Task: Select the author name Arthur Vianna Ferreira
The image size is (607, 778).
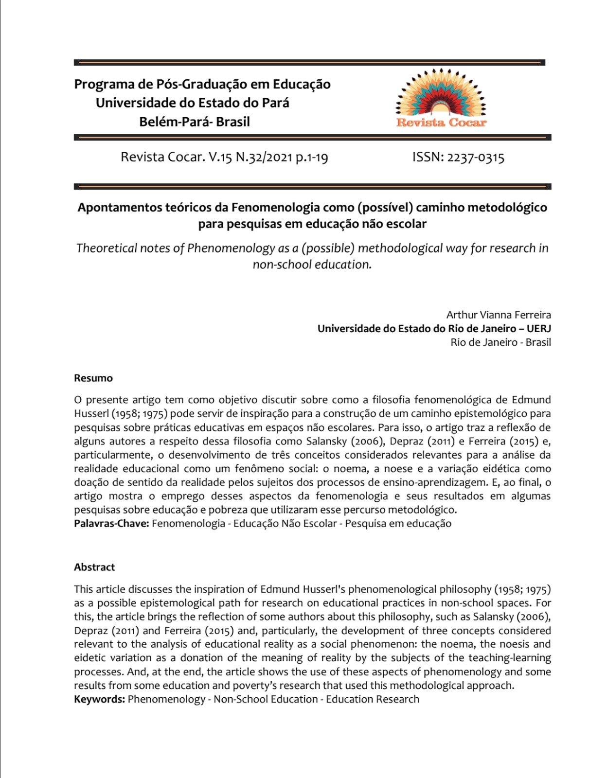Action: click(x=499, y=315)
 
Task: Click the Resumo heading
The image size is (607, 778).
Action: click(x=93, y=378)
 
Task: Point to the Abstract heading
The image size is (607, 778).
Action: click(x=94, y=567)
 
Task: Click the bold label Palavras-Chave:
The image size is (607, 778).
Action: click(x=111, y=524)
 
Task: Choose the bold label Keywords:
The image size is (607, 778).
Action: click(x=100, y=699)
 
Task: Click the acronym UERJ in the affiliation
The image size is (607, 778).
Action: click(x=538, y=328)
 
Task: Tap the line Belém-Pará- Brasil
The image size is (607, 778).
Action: click(x=195, y=122)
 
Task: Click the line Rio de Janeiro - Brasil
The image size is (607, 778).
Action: click(x=500, y=342)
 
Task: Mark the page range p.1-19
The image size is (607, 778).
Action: click(x=312, y=158)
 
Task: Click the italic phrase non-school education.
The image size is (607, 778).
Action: click(x=312, y=265)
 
